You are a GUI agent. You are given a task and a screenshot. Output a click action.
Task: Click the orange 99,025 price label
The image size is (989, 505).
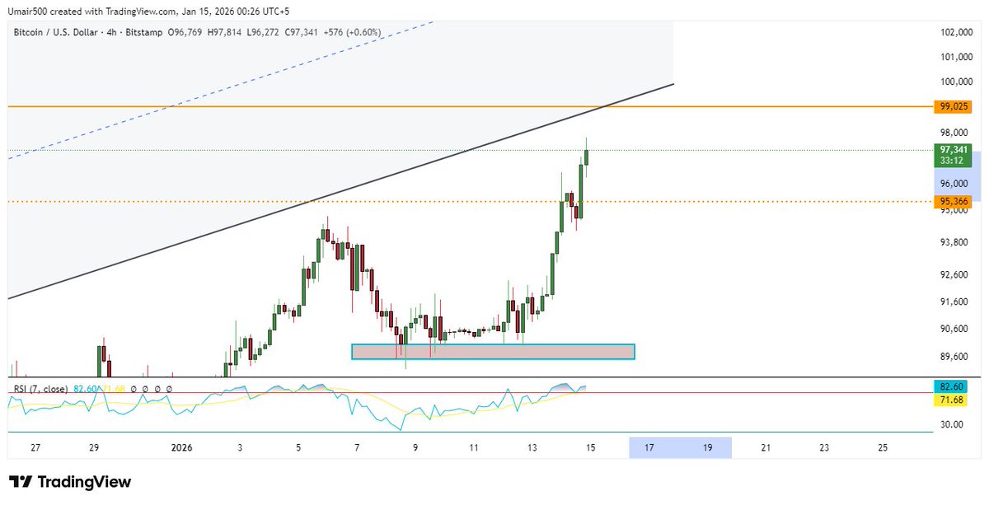tap(952, 107)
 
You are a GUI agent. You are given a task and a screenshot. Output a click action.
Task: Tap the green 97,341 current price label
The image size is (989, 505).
tap(952, 150)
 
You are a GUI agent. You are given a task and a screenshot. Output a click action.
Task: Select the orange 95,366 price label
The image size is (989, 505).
tap(952, 201)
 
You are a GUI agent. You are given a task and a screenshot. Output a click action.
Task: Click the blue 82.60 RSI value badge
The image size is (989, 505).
tap(952, 386)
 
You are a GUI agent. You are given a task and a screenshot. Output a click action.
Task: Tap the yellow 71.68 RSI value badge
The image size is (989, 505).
tap(952, 400)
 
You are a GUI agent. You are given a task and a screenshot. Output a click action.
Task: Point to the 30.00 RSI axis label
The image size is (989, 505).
tap(952, 424)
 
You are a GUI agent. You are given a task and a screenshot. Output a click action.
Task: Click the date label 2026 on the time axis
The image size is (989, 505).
tap(181, 447)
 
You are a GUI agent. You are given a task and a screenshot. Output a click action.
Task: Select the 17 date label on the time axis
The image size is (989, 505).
tap(649, 447)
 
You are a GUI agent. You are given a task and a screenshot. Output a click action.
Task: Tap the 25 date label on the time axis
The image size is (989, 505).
tap(883, 447)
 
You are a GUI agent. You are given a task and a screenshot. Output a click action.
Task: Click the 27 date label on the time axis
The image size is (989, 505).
tap(35, 447)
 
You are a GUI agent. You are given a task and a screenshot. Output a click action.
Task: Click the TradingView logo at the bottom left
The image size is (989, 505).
tap(71, 482)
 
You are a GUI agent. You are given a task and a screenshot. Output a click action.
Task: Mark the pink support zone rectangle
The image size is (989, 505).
tap(493, 352)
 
